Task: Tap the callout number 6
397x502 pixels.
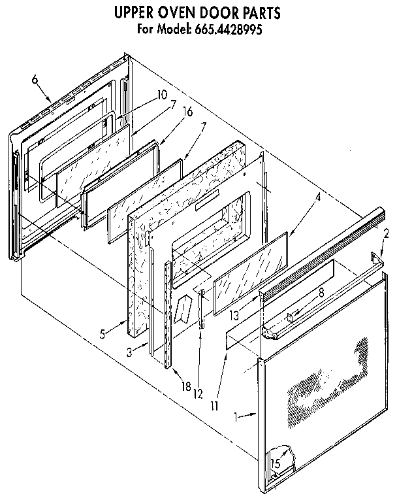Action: pos(35,80)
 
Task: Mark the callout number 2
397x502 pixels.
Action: pos(386,233)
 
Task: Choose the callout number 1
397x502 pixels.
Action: pos(236,414)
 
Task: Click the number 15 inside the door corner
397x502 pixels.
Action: pos(276,463)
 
